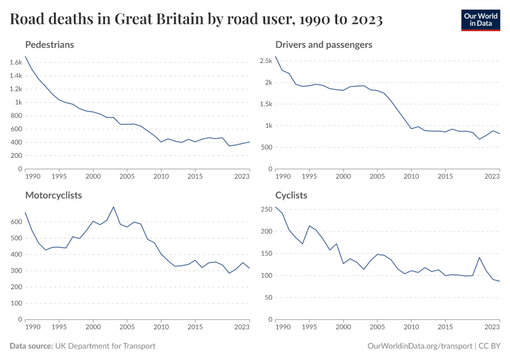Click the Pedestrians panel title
click(50, 44)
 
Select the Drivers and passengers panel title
click(323, 44)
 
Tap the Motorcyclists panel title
click(53, 195)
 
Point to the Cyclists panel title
click(291, 195)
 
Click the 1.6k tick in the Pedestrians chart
click(16, 62)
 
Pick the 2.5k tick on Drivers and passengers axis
click(266, 61)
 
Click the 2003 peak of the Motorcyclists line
click(113, 206)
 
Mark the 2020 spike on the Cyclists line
click(479, 257)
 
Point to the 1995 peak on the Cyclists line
click(309, 226)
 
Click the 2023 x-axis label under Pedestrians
click(241, 177)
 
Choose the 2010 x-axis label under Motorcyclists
click(161, 328)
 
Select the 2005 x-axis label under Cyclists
click(377, 328)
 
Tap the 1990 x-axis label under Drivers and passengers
click(281, 177)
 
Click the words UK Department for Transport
click(105, 346)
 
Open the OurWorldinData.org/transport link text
click(418, 346)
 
